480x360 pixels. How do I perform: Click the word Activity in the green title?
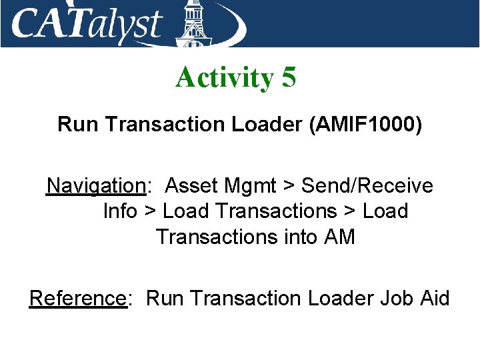224,79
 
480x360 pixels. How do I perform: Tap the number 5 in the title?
289,78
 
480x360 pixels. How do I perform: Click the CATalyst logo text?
87,25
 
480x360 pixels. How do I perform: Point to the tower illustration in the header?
193,23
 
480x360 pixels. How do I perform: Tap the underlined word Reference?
77,298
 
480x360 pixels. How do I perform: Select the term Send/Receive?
366,185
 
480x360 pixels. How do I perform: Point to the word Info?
120,211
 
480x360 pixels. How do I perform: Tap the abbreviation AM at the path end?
341,236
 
